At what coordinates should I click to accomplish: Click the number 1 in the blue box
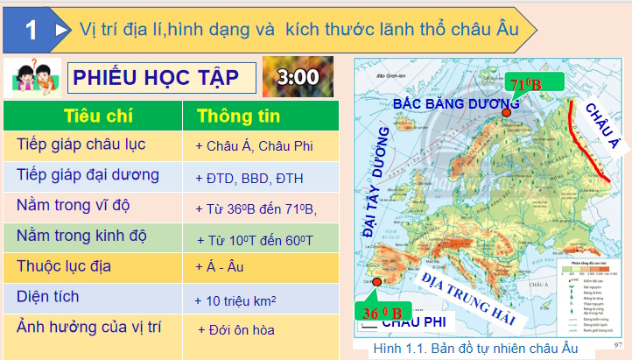click(x=32, y=31)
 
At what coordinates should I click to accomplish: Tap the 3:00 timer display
click(x=298, y=76)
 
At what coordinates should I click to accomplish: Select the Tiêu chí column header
click(x=93, y=116)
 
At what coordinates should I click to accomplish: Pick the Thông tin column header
click(x=238, y=116)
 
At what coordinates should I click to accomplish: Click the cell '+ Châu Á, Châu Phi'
click(x=254, y=146)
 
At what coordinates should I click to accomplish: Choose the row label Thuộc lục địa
click(x=64, y=265)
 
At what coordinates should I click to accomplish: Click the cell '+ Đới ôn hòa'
click(x=235, y=330)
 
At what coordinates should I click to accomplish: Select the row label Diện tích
click(x=47, y=297)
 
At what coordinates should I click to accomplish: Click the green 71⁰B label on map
click(x=533, y=85)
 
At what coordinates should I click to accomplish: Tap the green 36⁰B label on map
click(x=383, y=313)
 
